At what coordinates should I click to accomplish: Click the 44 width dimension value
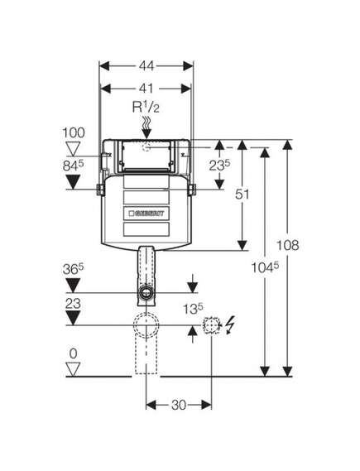coord(146,66)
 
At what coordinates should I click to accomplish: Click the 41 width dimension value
coord(146,89)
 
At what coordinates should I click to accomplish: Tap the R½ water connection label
coord(146,108)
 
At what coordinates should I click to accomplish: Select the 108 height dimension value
coord(287,245)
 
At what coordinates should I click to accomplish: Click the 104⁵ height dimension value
coord(265,267)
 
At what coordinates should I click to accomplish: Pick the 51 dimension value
coord(242,195)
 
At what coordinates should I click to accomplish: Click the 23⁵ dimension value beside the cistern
coord(219,165)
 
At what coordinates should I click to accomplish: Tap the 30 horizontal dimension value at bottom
coord(179,405)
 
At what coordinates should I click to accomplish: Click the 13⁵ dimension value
coord(193,309)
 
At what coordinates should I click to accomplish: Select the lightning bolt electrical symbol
coord(229,325)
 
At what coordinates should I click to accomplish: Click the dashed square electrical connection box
coord(211,325)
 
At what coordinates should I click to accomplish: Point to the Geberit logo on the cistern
coord(146,214)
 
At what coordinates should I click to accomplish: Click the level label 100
coord(74,132)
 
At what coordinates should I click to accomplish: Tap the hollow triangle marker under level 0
coord(74,369)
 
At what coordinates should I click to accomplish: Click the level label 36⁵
coord(74,269)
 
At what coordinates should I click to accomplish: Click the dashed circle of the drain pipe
coord(146,325)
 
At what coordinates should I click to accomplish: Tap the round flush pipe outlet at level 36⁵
coord(146,291)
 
